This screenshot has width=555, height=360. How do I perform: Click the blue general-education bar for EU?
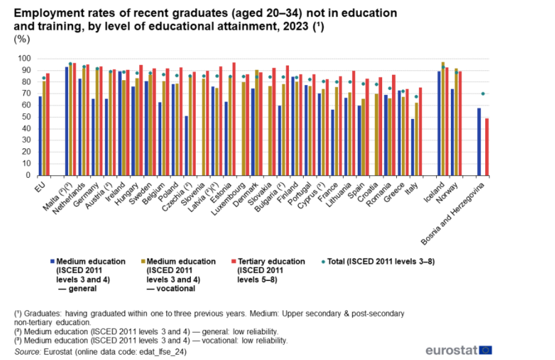(40, 136)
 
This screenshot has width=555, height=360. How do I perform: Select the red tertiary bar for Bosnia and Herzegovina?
(486, 147)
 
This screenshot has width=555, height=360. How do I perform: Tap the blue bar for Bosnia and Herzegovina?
(479, 142)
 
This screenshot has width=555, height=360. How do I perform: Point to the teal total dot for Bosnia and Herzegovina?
(482, 94)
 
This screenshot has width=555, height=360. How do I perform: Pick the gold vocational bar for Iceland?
(443, 119)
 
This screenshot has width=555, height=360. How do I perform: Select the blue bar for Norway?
(453, 132)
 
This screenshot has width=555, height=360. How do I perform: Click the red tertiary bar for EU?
(48, 124)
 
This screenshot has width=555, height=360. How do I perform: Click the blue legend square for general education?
(52, 262)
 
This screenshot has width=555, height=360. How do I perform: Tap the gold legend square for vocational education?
(142, 262)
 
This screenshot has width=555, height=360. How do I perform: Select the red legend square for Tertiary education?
(233, 262)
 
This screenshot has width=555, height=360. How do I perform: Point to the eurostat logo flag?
(486, 350)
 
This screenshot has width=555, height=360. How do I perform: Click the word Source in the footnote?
(27, 352)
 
